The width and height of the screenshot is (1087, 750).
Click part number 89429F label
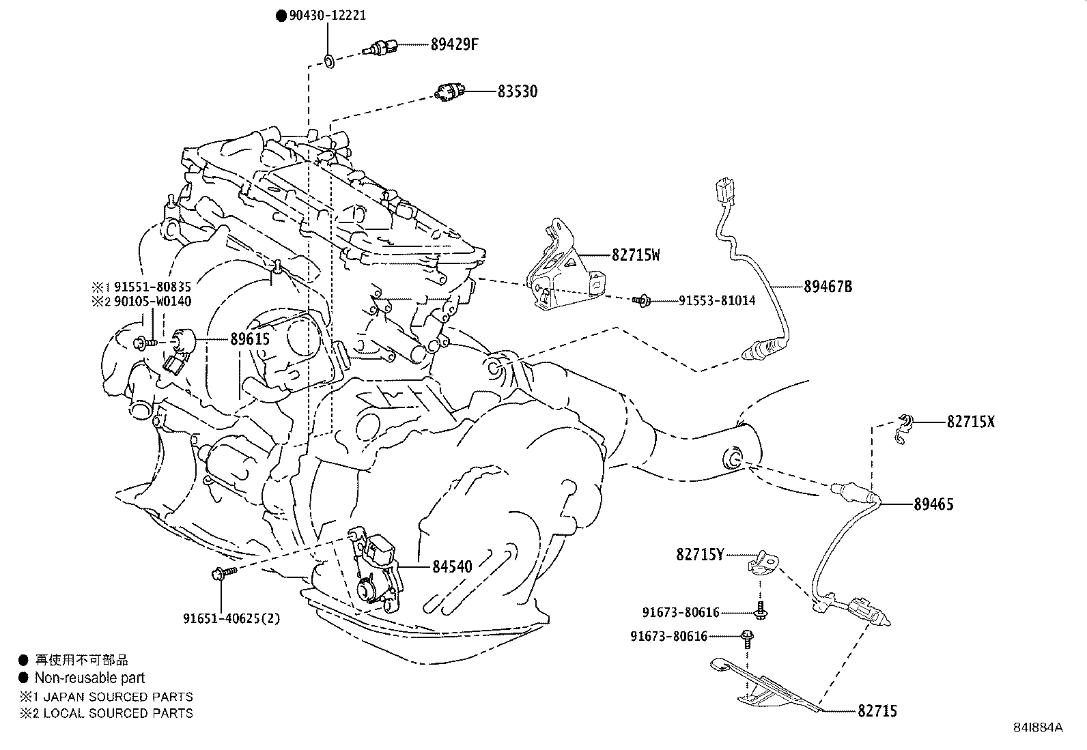455,45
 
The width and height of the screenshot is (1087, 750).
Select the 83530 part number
517,91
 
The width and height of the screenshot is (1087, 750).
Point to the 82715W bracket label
636,255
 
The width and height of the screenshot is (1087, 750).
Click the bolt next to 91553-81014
640,300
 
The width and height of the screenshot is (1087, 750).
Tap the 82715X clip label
970,422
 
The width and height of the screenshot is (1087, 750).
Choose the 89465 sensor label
933,504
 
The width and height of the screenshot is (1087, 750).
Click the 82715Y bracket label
700,555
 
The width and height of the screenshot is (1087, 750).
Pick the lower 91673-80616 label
669,636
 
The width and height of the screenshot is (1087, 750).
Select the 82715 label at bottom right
877,711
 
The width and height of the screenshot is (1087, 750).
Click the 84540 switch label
451,566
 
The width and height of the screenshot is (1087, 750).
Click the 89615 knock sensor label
250,339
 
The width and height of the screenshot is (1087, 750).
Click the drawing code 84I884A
1038,727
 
